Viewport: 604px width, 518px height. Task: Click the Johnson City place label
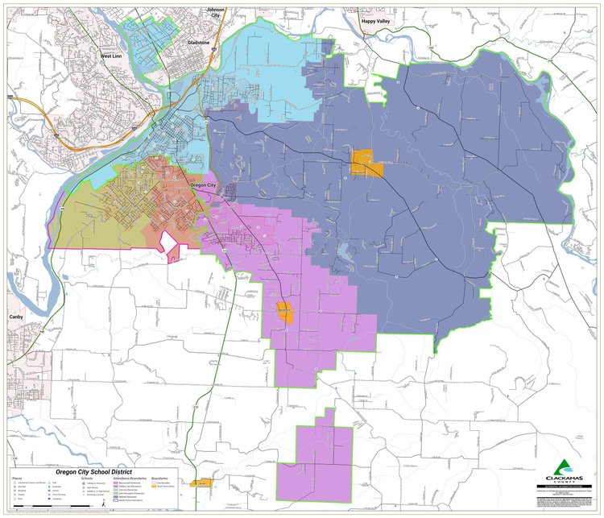point(215,13)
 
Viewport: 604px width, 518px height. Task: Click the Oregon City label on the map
point(202,186)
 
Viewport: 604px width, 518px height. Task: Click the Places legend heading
point(17,478)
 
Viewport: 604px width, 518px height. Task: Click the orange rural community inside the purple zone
point(284,312)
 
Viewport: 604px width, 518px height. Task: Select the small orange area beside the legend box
point(201,483)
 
